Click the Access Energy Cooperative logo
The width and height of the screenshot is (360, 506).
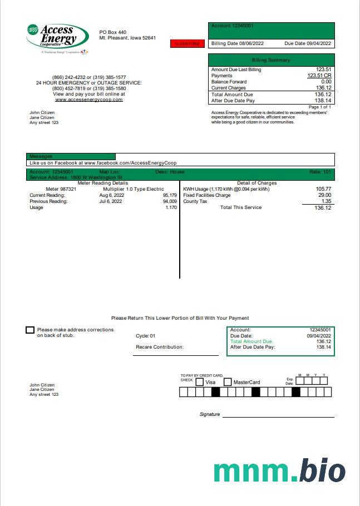click(57, 38)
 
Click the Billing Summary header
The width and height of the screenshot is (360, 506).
click(271, 60)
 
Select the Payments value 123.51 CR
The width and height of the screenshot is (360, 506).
click(319, 76)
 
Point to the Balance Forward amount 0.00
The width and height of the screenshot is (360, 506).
click(326, 82)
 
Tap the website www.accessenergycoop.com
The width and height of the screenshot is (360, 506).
click(88, 100)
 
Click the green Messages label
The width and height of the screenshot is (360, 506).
click(41, 157)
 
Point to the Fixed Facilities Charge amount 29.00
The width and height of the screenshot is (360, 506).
click(324, 195)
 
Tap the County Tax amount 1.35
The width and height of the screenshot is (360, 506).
click(327, 201)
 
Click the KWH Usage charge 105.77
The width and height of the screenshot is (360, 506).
click(323, 189)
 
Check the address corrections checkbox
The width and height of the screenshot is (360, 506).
click(30, 330)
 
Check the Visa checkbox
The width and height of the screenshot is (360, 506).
click(200, 382)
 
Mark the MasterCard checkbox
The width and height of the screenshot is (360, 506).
click(228, 382)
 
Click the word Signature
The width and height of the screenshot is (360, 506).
click(210, 414)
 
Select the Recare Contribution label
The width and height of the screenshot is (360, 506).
click(160, 347)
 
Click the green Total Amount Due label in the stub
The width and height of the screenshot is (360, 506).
click(251, 341)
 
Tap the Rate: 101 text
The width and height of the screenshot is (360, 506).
click(320, 172)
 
